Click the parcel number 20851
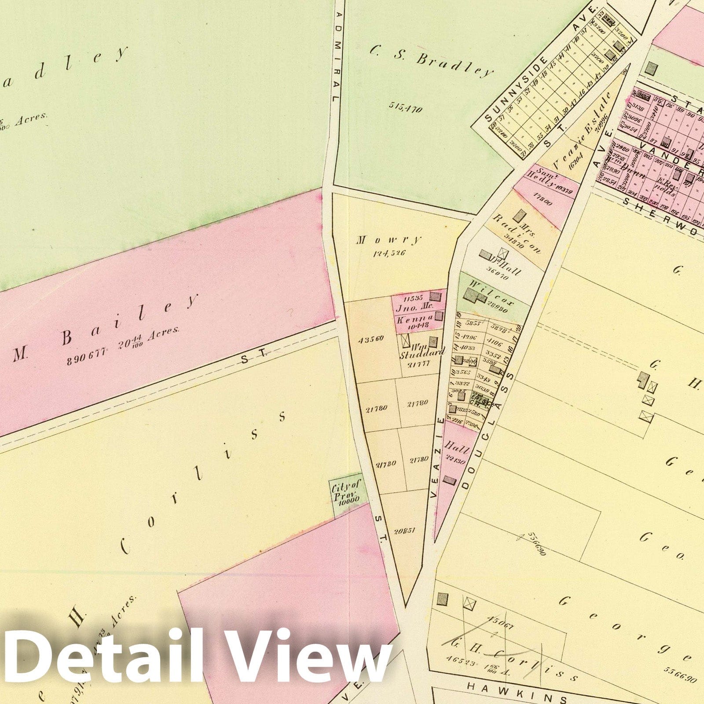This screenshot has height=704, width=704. pyautogui.click(x=405, y=531)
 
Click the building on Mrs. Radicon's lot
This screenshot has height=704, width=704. pyautogui.click(x=522, y=216)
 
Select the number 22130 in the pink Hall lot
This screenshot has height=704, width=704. pyautogui.click(x=457, y=461)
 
